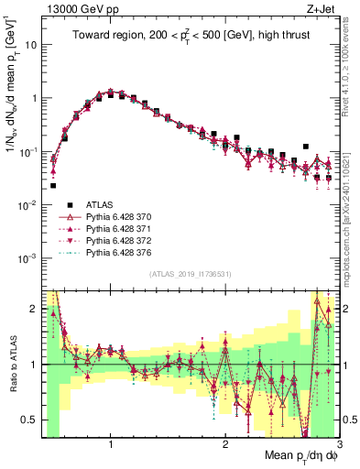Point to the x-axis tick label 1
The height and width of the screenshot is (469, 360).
pos(111,444)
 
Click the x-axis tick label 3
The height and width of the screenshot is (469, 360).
pos(338,444)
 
